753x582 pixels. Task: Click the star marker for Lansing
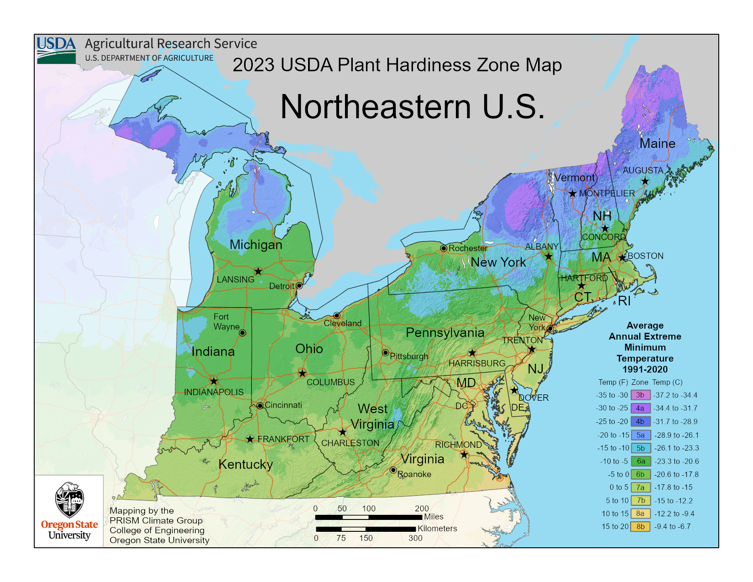click(258, 272)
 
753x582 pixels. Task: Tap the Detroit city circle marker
click(299, 286)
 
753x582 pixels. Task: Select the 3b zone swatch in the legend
click(640, 395)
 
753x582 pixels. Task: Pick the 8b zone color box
click(640, 526)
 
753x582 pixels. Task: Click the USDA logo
click(57, 50)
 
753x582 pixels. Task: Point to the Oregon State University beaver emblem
click(69, 500)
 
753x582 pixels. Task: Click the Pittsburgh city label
click(409, 356)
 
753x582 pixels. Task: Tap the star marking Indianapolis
click(214, 381)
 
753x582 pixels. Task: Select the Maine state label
click(657, 143)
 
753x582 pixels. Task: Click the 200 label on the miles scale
click(422, 509)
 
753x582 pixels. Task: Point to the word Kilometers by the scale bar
click(437, 529)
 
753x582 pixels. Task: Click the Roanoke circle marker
click(393, 470)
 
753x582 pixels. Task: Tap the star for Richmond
click(464, 455)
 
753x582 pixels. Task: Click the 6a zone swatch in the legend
click(640, 461)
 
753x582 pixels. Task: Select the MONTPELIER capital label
click(607, 194)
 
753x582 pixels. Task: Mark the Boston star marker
click(622, 258)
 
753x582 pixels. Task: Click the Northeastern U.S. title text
click(413, 107)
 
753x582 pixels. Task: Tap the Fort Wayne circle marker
click(243, 333)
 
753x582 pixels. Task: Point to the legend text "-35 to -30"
click(612, 395)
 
